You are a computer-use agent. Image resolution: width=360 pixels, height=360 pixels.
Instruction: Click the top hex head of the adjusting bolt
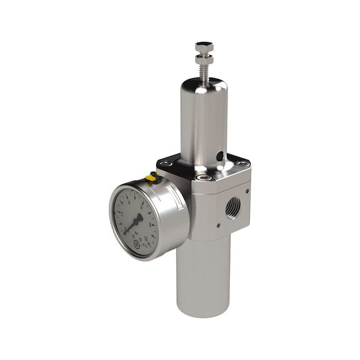point(204,47)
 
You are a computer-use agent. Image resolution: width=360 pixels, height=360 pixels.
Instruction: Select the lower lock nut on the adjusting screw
point(204,60)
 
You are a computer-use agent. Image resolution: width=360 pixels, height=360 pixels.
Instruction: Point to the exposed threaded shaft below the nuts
point(204,72)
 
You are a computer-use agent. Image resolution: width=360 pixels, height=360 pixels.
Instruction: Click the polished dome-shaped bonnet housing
point(204,119)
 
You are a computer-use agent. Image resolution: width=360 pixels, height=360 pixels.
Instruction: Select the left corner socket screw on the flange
point(164,164)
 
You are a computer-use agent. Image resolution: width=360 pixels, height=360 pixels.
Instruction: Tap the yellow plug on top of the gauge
point(151,178)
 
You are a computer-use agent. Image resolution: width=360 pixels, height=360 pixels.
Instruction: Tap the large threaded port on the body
point(232,204)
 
